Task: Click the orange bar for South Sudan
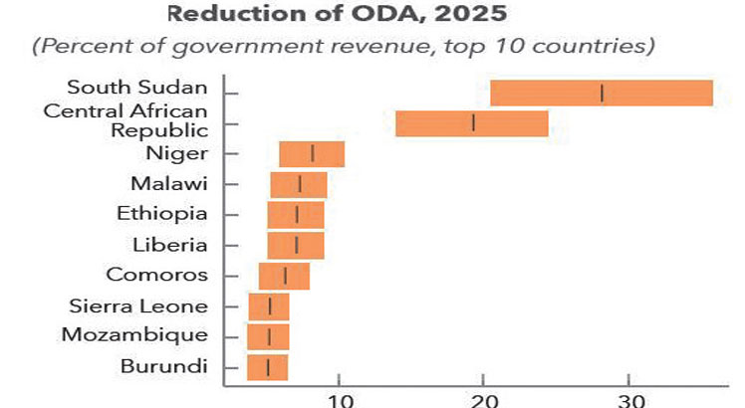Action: [602, 93]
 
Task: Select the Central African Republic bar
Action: [471, 123]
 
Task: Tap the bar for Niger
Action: [312, 154]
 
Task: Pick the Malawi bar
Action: [299, 185]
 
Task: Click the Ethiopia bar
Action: [296, 215]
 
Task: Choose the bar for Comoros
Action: [284, 276]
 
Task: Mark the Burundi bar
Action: [267, 367]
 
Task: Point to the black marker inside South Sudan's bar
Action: [602, 93]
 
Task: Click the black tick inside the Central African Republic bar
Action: [473, 123]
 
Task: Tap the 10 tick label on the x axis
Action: [340, 400]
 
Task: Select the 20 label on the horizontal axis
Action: [483, 400]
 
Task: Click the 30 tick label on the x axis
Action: [628, 400]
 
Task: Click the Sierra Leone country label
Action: [138, 306]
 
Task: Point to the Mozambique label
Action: [134, 335]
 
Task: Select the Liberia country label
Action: [170, 244]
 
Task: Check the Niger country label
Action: [177, 153]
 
